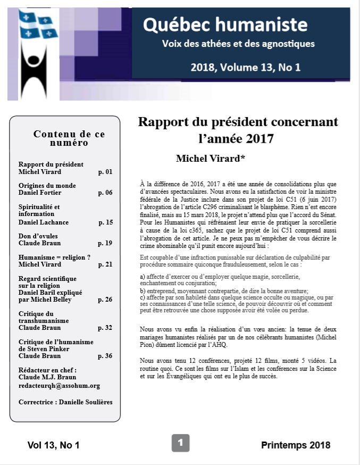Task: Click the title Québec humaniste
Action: click(225, 24)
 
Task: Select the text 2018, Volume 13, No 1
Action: click(246, 67)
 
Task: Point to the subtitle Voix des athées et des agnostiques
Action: click(238, 44)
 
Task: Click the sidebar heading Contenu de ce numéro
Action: click(62, 138)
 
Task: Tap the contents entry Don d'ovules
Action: click(38, 236)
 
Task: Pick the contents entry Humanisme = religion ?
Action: click(54, 257)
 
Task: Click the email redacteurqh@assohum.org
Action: click(59, 386)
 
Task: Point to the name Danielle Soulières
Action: click(84, 402)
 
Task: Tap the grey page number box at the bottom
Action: click(180, 443)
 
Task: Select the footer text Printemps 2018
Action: click(295, 445)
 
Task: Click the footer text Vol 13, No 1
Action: click(53, 445)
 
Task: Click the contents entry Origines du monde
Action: click(47, 185)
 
